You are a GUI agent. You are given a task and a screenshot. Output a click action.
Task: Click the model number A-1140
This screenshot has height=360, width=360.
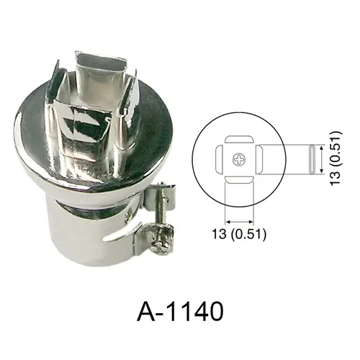(x=180, y=311)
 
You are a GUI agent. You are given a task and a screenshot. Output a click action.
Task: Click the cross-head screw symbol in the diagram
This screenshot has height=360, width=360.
(x=239, y=159)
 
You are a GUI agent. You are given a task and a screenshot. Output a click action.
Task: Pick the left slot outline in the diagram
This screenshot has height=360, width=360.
(x=220, y=159)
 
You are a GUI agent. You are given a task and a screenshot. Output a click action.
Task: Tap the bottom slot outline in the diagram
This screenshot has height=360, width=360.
(x=239, y=179)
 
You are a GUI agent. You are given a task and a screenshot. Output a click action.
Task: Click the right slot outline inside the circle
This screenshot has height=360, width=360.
(x=258, y=159)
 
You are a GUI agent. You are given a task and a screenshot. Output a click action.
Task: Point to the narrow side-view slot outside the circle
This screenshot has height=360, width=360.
(x=312, y=159)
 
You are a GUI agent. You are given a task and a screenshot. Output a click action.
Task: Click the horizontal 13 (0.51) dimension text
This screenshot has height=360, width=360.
(x=239, y=234)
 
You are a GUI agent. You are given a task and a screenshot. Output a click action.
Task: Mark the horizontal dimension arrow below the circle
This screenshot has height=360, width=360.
(x=239, y=221)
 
